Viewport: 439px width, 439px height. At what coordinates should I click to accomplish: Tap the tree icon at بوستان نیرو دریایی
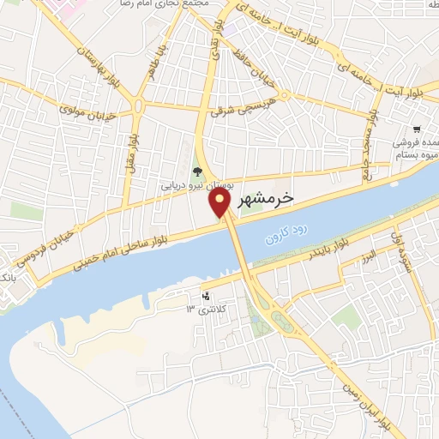click(198, 171)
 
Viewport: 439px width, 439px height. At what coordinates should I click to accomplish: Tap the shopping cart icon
click(415, 129)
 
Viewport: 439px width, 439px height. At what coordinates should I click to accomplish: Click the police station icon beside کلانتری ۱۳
click(206, 298)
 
